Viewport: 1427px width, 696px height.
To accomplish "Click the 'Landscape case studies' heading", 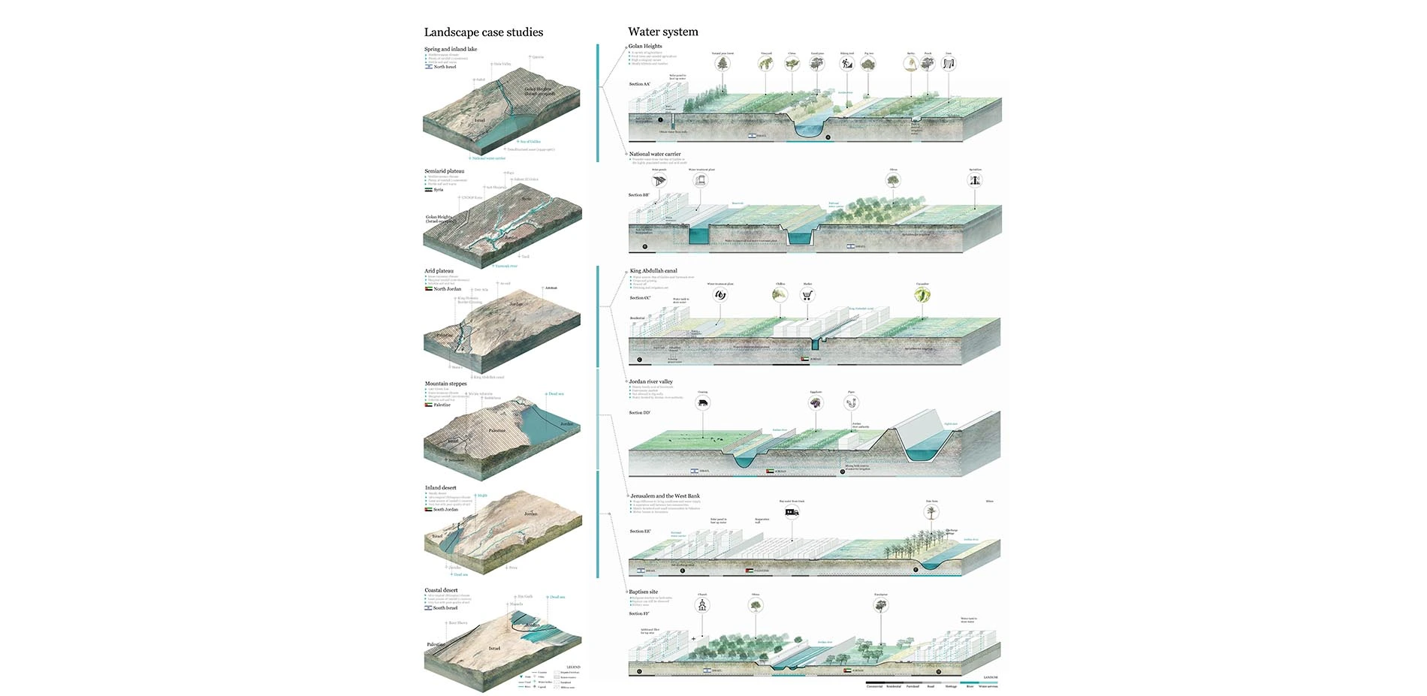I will [x=483, y=32].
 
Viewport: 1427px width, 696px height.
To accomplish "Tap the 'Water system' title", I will [x=662, y=32].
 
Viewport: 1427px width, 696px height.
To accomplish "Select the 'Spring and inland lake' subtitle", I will [x=450, y=50].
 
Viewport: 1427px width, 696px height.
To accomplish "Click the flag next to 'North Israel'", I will [x=429, y=67].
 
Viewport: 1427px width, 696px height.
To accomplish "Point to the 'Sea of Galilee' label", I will [x=529, y=141].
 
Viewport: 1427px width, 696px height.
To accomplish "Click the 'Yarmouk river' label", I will [x=506, y=266].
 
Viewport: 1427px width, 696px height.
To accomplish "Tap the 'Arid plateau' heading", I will [x=439, y=271].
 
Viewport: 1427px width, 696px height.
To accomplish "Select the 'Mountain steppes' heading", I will [x=445, y=384].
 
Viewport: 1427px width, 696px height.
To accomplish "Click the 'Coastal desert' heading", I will [x=441, y=590].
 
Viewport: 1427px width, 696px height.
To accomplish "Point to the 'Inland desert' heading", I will [x=440, y=488].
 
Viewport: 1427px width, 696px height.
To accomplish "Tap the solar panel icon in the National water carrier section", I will [x=659, y=181].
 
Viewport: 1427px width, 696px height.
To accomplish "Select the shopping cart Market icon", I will [x=807, y=295].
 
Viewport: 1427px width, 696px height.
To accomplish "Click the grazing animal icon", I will [x=702, y=403].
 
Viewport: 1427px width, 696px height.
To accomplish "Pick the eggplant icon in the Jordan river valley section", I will [x=816, y=403].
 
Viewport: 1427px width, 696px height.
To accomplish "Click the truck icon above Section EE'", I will [x=792, y=513].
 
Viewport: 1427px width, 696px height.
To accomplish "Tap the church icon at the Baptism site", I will [x=702, y=605].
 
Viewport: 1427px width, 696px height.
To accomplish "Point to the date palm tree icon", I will [x=931, y=513].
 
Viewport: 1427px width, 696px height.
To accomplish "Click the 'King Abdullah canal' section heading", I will [x=653, y=271].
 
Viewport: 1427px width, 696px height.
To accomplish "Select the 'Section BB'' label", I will [x=638, y=195].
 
